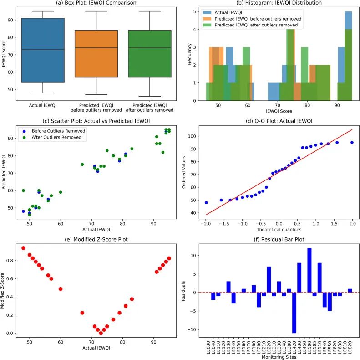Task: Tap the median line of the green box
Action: pos(150,47)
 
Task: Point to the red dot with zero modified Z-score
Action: pos(101,333)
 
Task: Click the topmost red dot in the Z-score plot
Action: pos(23,248)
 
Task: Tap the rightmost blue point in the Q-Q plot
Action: pos(352,143)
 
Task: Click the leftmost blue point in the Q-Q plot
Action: pos(206,202)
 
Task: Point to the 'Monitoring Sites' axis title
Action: pos(279,357)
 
